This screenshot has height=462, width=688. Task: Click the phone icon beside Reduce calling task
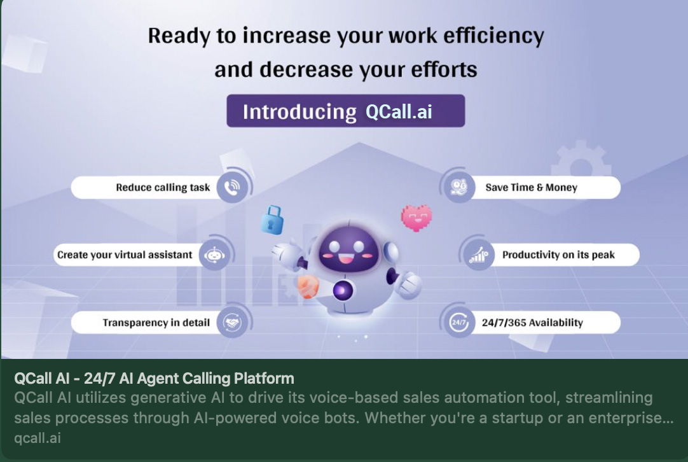point(231,188)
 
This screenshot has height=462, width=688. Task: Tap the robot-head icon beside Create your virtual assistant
point(214,255)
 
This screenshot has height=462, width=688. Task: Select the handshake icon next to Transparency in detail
point(231,323)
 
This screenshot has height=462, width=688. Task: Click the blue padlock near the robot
point(272,220)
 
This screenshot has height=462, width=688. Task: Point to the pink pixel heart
point(416,218)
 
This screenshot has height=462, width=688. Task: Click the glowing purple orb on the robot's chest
point(343,290)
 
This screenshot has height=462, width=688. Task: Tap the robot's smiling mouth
point(347,259)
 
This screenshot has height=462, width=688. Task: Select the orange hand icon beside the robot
point(308,286)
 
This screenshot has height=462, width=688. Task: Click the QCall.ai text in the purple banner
point(399,111)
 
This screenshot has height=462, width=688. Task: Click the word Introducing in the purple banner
point(299,111)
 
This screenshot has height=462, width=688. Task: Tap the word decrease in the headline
point(306,69)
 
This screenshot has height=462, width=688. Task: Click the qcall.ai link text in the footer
point(38,438)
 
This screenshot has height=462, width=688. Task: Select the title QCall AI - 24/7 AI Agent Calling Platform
point(154,378)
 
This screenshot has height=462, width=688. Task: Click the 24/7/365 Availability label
point(532,323)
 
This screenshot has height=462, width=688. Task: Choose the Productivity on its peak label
point(558,255)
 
